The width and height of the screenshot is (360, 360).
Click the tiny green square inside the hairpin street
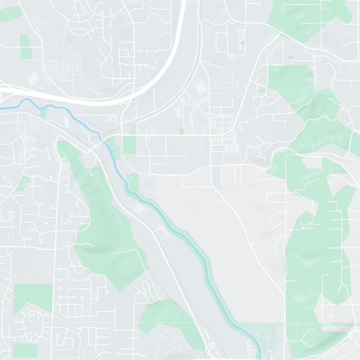pos(243,43)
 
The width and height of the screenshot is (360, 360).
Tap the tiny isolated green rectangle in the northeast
pos(290,58)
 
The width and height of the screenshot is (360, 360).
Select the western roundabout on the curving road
pos(149,174)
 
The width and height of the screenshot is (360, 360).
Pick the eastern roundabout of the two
pos(166,175)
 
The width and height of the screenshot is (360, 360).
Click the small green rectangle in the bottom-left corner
pos(25,350)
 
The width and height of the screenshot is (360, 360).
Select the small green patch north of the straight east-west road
pos(182,131)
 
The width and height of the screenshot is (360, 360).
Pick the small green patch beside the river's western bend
pos(43,112)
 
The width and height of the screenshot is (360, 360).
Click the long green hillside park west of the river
pos(103,225)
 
